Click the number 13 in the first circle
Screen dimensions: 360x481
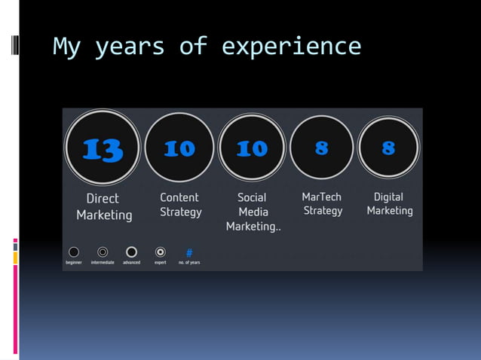[x=103, y=149]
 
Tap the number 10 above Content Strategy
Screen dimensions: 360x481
[x=179, y=148]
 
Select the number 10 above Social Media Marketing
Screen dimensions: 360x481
[x=252, y=148]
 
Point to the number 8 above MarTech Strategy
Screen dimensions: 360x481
[x=322, y=148]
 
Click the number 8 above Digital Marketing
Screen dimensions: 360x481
[x=388, y=148]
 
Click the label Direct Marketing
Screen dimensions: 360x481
[x=104, y=206]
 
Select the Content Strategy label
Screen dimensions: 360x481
[x=181, y=204]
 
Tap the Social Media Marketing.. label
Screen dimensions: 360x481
[x=253, y=212]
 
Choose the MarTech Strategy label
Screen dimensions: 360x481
[x=322, y=203]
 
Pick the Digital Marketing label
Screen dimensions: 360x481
[x=389, y=203]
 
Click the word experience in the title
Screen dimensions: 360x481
[x=291, y=47]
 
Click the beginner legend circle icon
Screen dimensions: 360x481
[x=73, y=252]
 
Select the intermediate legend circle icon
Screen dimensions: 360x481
[x=103, y=252]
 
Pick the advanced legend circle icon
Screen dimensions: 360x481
[x=131, y=252]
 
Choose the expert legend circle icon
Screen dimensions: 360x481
[x=160, y=252]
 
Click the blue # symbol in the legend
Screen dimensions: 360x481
[x=189, y=252]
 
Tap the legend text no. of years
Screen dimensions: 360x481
[x=189, y=262]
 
